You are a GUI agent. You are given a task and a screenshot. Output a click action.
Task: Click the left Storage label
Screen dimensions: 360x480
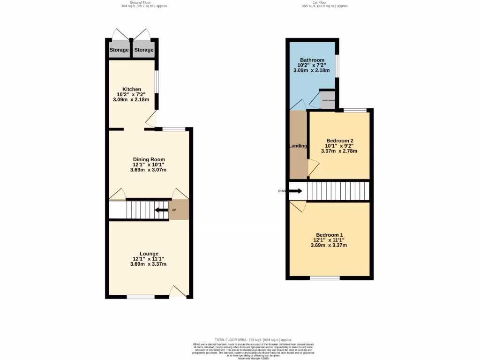pyautogui.click(x=119, y=50)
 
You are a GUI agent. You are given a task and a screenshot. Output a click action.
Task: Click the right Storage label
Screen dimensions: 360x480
pyautogui.click(x=144, y=50)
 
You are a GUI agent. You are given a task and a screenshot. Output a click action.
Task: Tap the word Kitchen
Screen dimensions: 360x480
pyautogui.click(x=132, y=89)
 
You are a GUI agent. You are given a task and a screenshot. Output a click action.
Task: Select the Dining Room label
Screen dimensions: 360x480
pyautogui.click(x=148, y=159)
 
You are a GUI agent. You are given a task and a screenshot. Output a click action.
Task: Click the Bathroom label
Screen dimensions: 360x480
pyautogui.click(x=312, y=60)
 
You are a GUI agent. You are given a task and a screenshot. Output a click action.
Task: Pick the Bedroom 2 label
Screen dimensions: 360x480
pyautogui.click(x=339, y=141)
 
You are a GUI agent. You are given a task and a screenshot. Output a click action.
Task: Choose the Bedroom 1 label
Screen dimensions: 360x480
pyautogui.click(x=329, y=235)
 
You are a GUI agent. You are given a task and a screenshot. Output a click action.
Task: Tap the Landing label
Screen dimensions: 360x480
pyautogui.click(x=298, y=146)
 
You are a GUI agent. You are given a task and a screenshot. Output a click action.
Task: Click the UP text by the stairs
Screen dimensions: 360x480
pyautogui.click(x=174, y=210)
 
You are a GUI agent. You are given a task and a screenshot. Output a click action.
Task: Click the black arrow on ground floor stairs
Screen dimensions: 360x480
pyautogui.click(x=162, y=210)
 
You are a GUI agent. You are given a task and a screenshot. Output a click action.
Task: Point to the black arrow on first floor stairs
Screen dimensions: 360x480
pyautogui.click(x=296, y=191)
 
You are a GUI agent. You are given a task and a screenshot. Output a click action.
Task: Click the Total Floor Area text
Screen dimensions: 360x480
pyautogui.click(x=253, y=339)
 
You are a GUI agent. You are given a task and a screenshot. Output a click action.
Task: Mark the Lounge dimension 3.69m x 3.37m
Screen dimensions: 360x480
pyautogui.click(x=148, y=264)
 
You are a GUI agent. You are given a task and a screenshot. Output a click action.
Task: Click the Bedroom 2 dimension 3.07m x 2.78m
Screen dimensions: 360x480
pyautogui.click(x=339, y=151)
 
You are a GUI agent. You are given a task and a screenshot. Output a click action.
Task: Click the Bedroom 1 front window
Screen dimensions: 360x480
pyautogui.click(x=324, y=278)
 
